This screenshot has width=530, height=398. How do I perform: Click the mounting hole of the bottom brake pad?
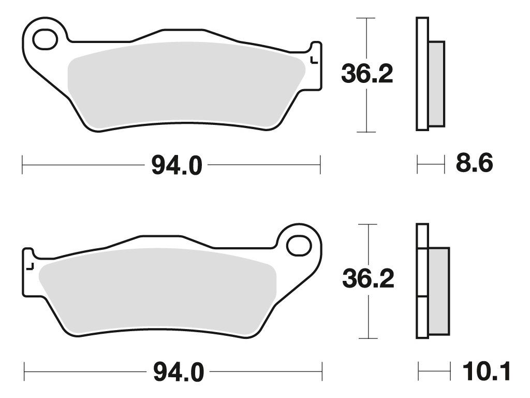(299, 246)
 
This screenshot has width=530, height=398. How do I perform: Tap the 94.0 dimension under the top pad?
(176, 165)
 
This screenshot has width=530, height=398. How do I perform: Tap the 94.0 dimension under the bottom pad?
(179, 372)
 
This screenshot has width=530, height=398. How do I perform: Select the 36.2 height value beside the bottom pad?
(368, 279)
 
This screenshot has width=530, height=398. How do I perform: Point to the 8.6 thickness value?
(474, 163)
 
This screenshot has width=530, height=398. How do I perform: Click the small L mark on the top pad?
(314, 60)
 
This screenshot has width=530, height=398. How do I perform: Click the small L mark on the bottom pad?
(30, 267)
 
